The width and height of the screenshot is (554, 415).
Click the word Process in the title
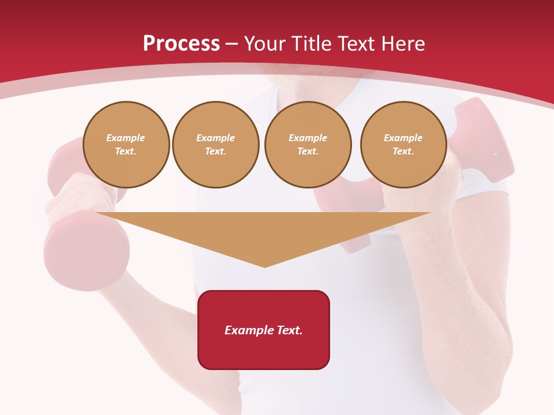click(x=181, y=44)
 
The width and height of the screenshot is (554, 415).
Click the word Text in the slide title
click(x=358, y=44)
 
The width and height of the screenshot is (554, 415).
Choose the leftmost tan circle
click(x=126, y=145)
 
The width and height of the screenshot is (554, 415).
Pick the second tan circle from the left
click(x=215, y=145)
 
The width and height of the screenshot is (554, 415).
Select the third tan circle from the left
click(x=308, y=145)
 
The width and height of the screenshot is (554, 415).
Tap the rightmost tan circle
click(x=403, y=145)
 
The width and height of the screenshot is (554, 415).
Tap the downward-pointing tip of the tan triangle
click(x=264, y=266)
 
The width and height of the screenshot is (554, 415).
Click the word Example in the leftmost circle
click(x=126, y=138)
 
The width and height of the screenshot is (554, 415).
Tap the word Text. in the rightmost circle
click(x=403, y=152)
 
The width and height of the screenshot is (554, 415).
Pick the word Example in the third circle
click(x=308, y=138)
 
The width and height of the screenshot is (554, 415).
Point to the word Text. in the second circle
click(x=215, y=152)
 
